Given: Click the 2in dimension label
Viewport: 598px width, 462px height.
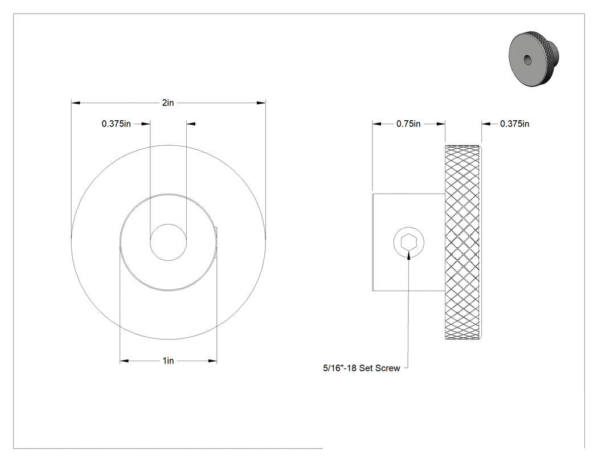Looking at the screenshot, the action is (168, 103).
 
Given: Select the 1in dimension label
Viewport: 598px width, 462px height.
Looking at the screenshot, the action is (168, 361).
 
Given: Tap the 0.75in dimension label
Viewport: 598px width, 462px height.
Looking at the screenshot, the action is (408, 124).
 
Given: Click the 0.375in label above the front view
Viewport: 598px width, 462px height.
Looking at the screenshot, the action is (116, 124).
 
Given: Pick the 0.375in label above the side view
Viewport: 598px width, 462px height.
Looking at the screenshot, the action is (514, 124).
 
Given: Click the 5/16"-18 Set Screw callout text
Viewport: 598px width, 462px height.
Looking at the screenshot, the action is (362, 368).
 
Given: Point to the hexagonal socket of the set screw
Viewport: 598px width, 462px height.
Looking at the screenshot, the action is (409, 242).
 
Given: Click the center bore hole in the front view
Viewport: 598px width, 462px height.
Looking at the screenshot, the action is (168, 242).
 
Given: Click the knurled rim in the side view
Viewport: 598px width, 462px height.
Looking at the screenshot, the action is (462, 242).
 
